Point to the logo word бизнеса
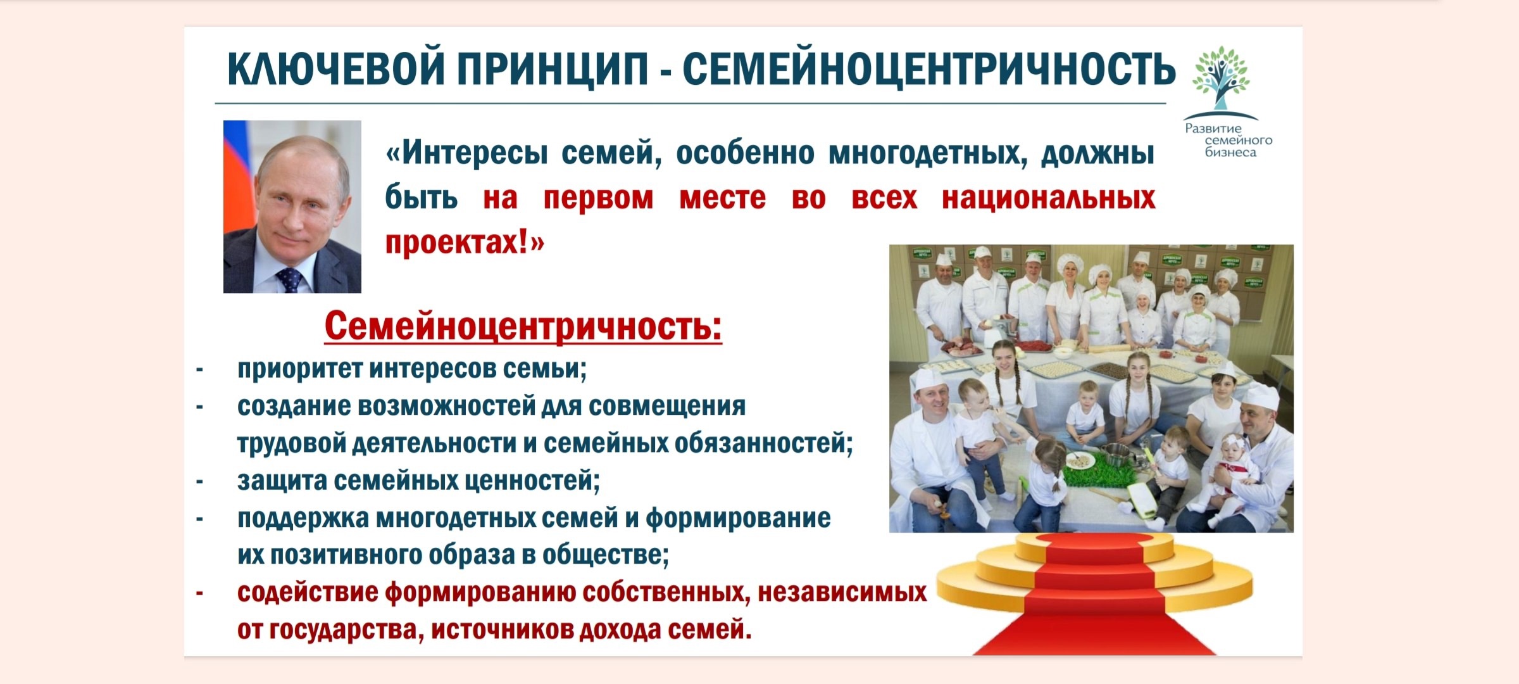[1230, 153]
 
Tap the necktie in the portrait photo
[289, 279]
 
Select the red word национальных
[1048, 198]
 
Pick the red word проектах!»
[465, 243]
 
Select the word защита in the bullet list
[282, 481]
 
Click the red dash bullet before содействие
[199, 593]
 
